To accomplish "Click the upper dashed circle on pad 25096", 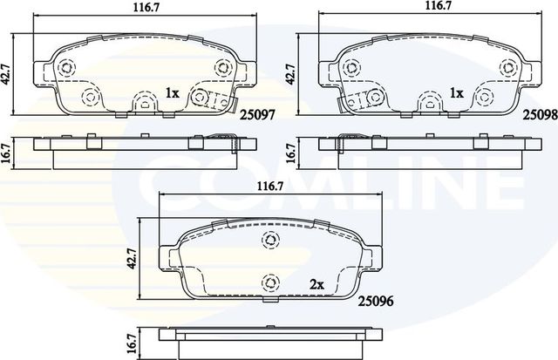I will (270, 240).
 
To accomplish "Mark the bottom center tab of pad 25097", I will (142, 105).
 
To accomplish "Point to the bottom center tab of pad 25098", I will (427, 105).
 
